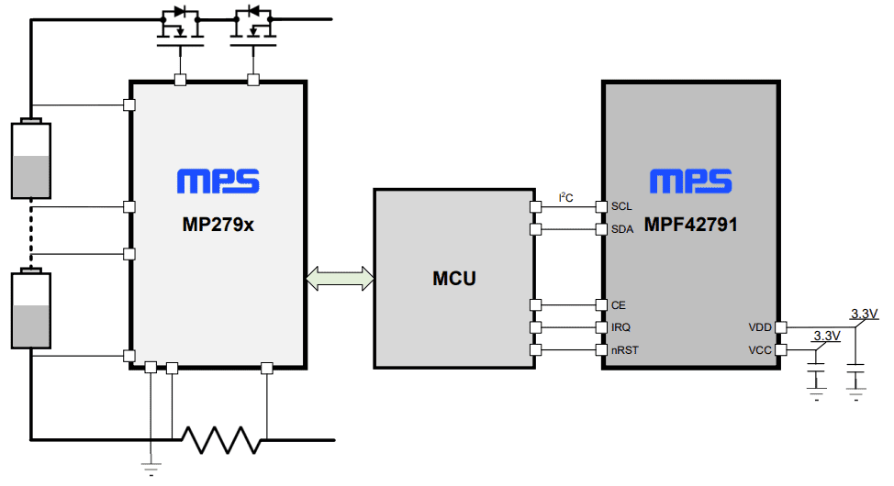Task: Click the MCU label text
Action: coord(454,278)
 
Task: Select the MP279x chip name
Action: coord(217,223)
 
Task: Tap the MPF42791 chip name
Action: coord(691,223)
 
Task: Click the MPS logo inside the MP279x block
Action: coord(218,182)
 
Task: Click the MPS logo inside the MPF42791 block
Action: coord(691,182)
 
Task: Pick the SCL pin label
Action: coord(621,206)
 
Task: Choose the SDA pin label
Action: coord(621,229)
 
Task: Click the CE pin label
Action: coord(618,305)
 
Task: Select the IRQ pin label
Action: coord(620,327)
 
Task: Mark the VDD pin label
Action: coord(760,327)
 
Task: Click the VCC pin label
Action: coord(760,349)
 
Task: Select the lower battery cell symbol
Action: coord(30,309)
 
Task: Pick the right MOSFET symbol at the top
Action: coord(252,27)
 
